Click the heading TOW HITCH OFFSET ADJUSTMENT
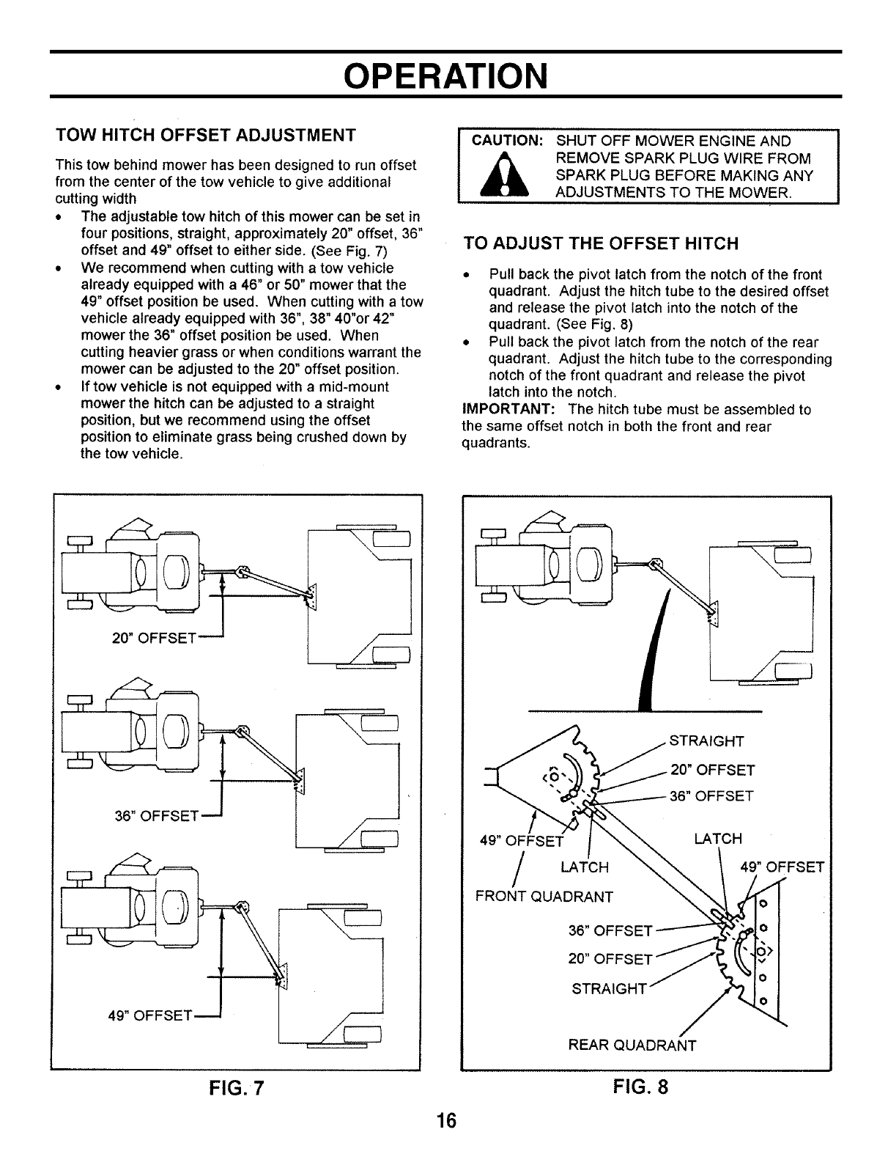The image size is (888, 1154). [206, 136]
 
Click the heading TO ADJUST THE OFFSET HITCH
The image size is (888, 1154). [601, 243]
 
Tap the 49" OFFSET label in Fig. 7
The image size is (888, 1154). [149, 1016]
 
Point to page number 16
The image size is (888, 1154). [444, 1121]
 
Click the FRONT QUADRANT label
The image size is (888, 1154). [544, 896]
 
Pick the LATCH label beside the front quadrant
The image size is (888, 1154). [584, 868]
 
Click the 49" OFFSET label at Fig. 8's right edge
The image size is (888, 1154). [782, 867]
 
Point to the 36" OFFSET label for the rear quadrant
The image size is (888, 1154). [610, 931]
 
